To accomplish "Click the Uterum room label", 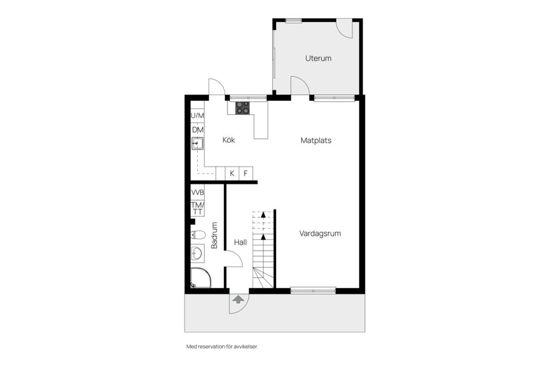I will [x=318, y=58].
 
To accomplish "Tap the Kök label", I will [x=229, y=140].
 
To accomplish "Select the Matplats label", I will [x=316, y=140].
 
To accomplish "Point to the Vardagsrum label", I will [x=320, y=233].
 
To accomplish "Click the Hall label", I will [x=241, y=243].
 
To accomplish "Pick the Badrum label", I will [x=214, y=235].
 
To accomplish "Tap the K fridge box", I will [x=232, y=173].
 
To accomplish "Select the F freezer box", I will [x=246, y=173].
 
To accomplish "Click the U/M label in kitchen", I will [x=197, y=116].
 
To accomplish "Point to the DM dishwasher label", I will [x=198, y=130].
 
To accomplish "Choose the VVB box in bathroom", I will [x=198, y=192].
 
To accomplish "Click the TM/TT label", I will [x=198, y=208].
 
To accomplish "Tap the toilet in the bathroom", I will [x=198, y=234].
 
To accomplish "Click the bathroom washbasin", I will [x=198, y=252].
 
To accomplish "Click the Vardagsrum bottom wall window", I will [x=313, y=290].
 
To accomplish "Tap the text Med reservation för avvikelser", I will [x=226, y=346].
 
